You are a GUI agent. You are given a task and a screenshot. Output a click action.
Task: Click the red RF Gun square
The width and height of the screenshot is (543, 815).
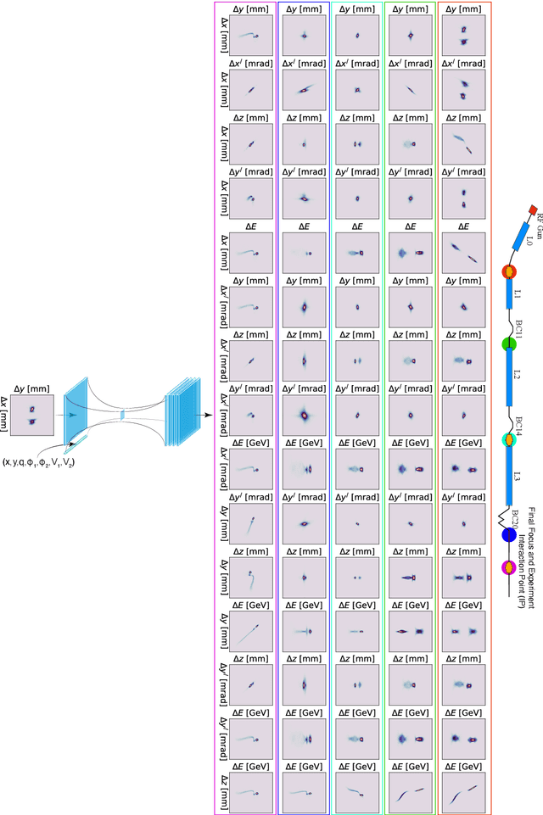pos(532,209)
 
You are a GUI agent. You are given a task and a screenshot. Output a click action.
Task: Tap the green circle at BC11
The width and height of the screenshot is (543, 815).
pos(509,343)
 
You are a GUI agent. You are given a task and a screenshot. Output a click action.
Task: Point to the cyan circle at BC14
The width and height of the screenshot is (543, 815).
pos(509,439)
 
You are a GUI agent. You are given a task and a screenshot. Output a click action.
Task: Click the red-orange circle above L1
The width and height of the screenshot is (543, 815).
pos(509,273)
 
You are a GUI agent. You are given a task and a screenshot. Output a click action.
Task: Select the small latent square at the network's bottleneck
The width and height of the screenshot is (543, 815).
pos(123,415)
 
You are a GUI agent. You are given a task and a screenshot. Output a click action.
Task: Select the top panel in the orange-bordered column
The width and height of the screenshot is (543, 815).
pos(463,36)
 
